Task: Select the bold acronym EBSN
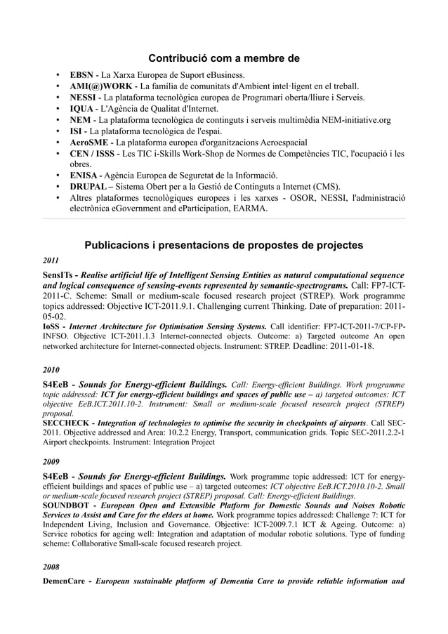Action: [x=82, y=75]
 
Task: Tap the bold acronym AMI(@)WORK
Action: [x=98, y=86]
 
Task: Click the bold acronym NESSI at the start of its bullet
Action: [x=84, y=98]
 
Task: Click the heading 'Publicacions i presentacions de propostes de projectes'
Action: [x=224, y=246]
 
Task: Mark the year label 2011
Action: [x=51, y=261]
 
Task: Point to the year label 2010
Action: [x=51, y=369]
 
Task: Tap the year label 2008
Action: [x=51, y=566]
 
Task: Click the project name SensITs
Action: [x=58, y=275]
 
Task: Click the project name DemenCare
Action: [x=67, y=581]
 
